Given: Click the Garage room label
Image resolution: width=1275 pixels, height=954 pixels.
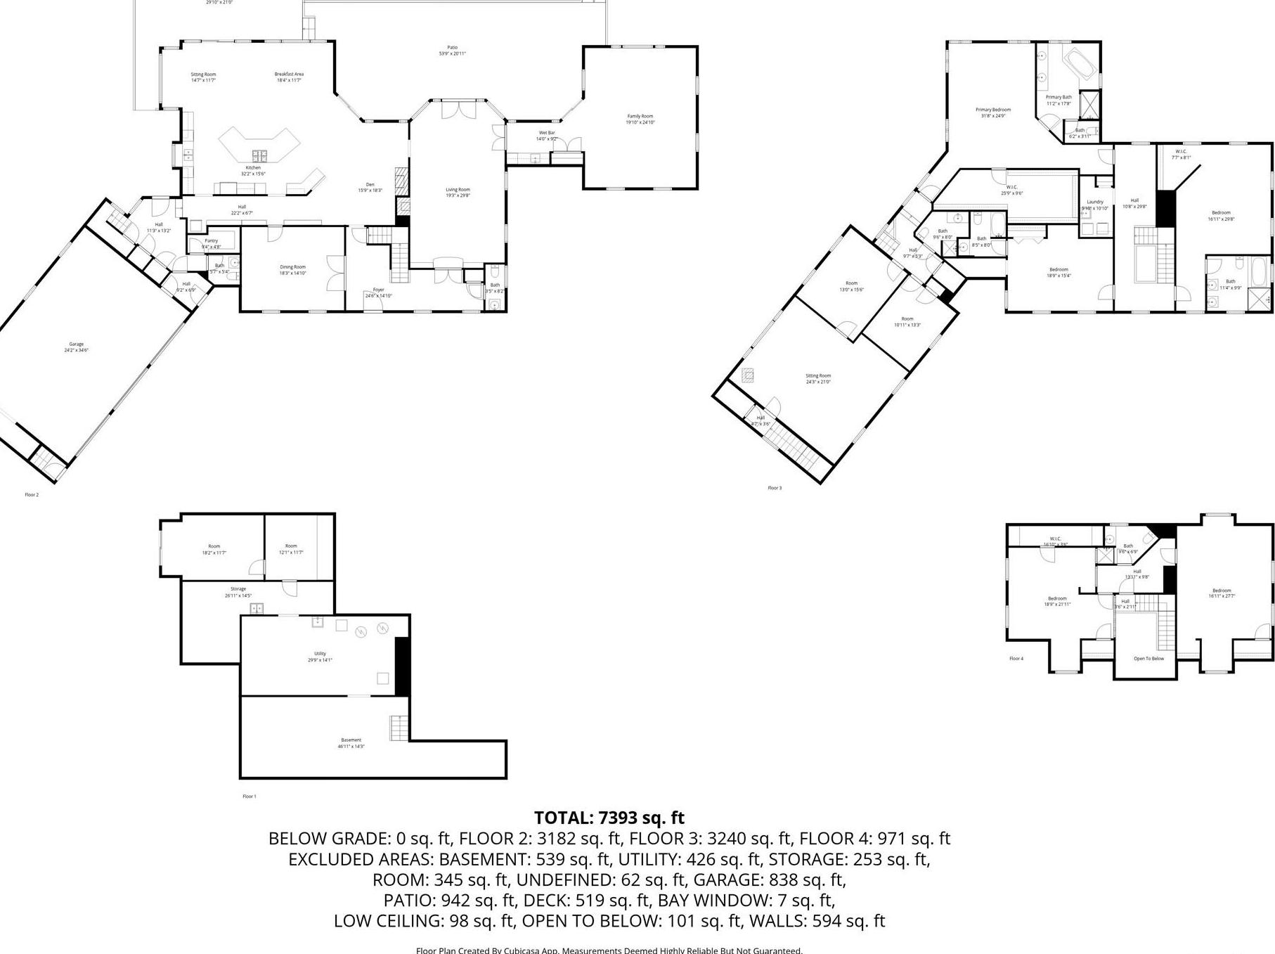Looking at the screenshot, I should point(77,344).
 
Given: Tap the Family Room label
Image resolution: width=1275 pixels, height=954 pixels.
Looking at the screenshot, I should point(640,117).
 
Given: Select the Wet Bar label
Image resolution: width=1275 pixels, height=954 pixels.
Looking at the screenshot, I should point(546,133).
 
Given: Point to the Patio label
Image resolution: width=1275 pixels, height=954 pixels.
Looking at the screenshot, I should point(452,48).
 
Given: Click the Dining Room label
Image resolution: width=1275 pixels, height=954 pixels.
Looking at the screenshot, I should point(292,267).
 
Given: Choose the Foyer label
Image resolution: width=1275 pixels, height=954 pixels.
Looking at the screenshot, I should point(378,290).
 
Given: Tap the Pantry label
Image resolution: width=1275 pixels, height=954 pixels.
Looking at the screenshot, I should point(211,241).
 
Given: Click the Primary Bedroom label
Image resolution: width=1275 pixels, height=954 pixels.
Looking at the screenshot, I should point(992,110).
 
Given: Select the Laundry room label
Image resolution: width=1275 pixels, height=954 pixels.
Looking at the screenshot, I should point(1094,202).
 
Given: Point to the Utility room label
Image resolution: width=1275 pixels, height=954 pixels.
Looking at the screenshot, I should point(320,654).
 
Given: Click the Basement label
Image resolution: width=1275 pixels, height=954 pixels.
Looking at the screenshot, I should point(351,740).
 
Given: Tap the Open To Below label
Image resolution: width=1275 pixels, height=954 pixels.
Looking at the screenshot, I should point(1148,659).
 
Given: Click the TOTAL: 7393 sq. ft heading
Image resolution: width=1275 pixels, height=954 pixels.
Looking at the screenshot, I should point(609,818).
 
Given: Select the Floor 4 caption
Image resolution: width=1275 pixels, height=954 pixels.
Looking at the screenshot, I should point(1016,659).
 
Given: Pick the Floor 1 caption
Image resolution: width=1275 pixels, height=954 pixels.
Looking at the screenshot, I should point(249,797).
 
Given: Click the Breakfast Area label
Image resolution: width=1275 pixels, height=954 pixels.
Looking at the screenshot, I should point(289,74).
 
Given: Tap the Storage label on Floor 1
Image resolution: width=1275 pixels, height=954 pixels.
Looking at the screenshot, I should point(238,589).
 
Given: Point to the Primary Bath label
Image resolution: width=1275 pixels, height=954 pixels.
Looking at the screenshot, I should point(1059,98).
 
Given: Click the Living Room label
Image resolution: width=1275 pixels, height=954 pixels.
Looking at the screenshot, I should point(458,189).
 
